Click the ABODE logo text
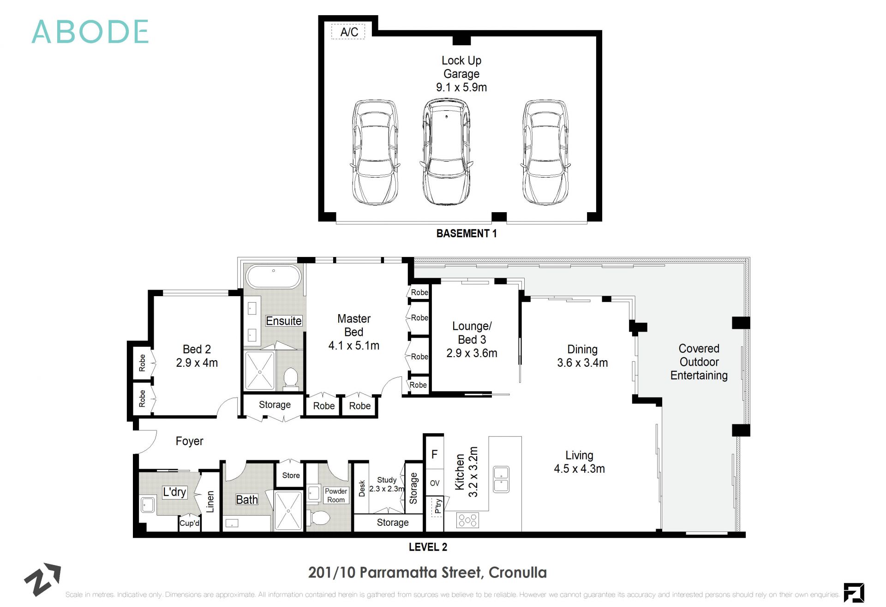pyautogui.click(x=90, y=32)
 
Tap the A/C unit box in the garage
pyautogui.click(x=348, y=32)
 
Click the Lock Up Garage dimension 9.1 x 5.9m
pyautogui.click(x=461, y=87)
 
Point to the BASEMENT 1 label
pyautogui.click(x=466, y=233)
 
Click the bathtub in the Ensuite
pyautogui.click(x=273, y=276)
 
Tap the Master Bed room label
pyautogui.click(x=353, y=325)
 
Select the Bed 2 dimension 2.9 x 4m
pyautogui.click(x=197, y=363)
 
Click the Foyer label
pyautogui.click(x=189, y=441)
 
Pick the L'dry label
pyautogui.click(x=174, y=492)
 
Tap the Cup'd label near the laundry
pyautogui.click(x=189, y=523)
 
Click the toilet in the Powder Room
pyautogui.click(x=319, y=518)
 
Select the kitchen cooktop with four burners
pyautogui.click(x=467, y=521)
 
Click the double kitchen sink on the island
pyautogui.click(x=501, y=479)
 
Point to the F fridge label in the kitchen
pyautogui.click(x=434, y=454)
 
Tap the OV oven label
pyautogui.click(x=434, y=483)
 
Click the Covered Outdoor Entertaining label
pyautogui.click(x=699, y=362)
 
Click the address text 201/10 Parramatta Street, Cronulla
pyautogui.click(x=427, y=572)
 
